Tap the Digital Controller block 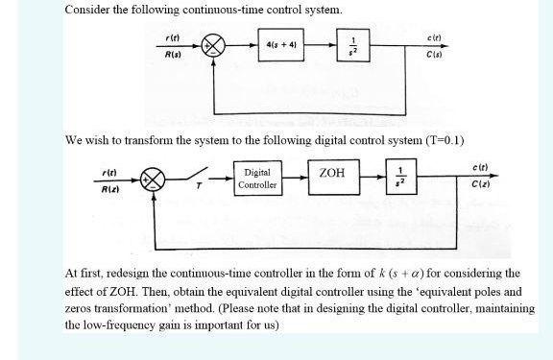click(257, 179)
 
